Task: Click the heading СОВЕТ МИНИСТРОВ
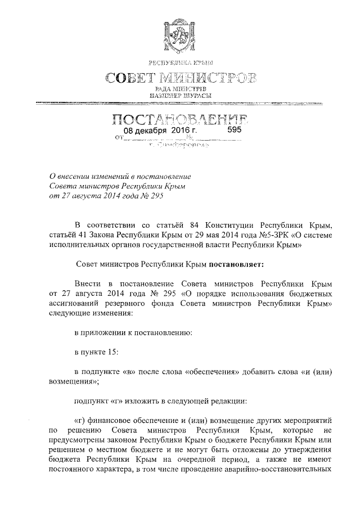pos(180,76)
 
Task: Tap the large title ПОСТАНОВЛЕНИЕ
pos(180,119)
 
